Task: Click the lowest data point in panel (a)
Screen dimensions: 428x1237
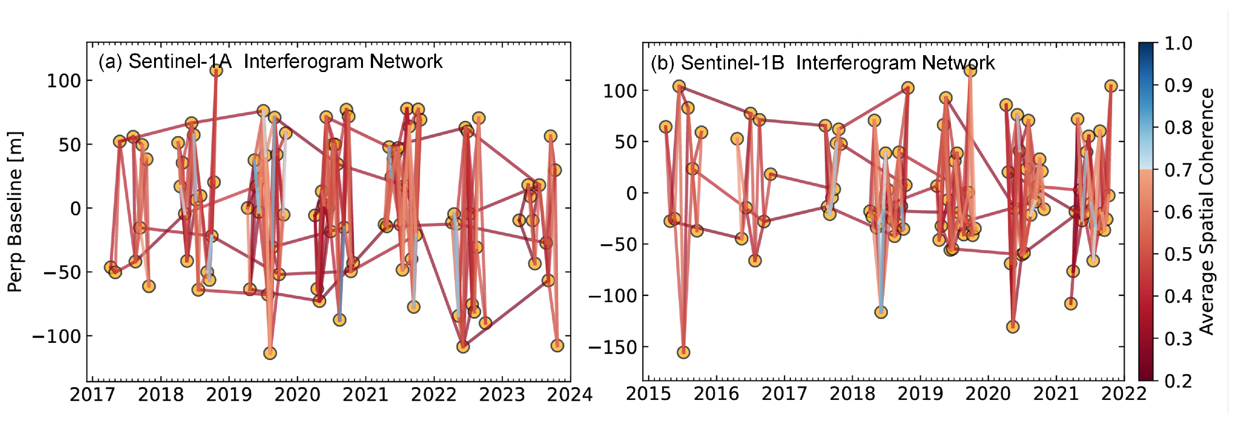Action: [270, 353]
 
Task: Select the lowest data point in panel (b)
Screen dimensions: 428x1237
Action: [683, 352]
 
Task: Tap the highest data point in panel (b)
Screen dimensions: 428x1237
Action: [970, 71]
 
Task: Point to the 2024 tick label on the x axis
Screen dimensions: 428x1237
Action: [570, 395]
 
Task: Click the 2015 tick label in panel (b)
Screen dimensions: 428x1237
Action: [648, 394]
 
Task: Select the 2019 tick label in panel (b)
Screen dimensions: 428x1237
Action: [920, 394]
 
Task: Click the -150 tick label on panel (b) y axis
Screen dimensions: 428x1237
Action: [612, 347]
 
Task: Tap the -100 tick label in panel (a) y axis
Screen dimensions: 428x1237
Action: [56, 336]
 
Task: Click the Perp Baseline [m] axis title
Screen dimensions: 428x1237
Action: [15, 211]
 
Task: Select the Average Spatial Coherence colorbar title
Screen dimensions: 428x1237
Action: [1207, 211]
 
